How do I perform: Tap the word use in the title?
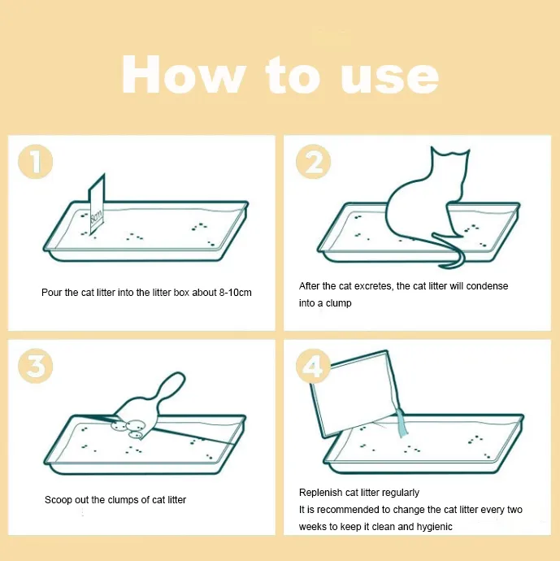pos(390,78)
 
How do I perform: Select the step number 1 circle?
pos(36,161)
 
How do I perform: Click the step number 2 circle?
pos(313,161)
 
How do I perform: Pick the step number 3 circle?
pos(36,366)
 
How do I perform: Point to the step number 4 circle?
pos(313,367)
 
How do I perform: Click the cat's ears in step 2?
pos(450,152)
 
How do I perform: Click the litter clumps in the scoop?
pos(129,428)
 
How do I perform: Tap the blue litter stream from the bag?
pos(402,424)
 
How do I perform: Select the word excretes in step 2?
pos(372,286)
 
